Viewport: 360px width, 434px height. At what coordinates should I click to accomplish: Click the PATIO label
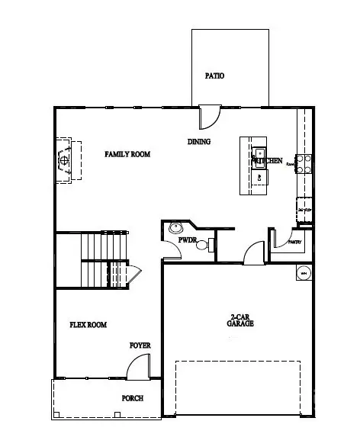tap(216, 76)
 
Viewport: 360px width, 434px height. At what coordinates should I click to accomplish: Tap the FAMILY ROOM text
tap(127, 154)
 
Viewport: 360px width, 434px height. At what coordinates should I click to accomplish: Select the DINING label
tap(199, 141)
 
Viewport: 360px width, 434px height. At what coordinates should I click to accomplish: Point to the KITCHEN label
tap(268, 161)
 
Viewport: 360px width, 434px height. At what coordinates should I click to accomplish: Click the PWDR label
tap(188, 241)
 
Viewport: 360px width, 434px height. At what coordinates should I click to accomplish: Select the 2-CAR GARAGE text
tap(239, 320)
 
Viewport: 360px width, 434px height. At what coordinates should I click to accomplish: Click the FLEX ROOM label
tap(88, 324)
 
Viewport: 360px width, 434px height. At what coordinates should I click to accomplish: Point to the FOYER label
tap(140, 346)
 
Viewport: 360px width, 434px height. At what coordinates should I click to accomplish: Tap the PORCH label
tap(133, 398)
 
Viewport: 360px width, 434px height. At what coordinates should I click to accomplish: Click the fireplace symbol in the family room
tap(66, 160)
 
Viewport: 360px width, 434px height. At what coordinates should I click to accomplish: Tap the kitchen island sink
tap(259, 151)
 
